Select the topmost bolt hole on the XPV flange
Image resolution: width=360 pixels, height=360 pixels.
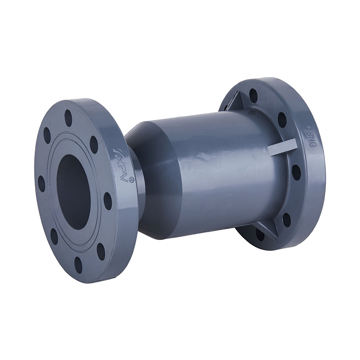point(68,118)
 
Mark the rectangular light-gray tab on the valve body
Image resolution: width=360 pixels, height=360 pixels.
point(283,147)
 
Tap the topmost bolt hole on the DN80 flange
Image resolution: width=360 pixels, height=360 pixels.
point(253,95)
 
